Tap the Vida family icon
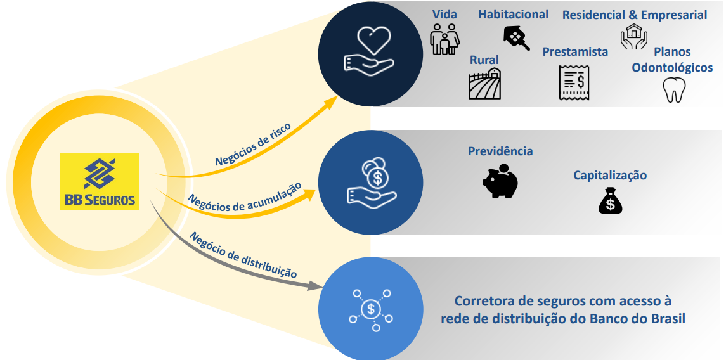[x=444, y=39]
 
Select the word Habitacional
[x=513, y=14]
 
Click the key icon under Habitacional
[x=517, y=38]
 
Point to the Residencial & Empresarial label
[x=634, y=15]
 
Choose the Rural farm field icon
[x=484, y=84]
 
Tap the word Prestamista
[x=575, y=52]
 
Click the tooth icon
[x=673, y=90]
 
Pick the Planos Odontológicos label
[x=672, y=60]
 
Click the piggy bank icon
[x=500, y=181]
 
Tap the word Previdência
[x=500, y=151]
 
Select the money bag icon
[x=610, y=201]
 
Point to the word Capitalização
[x=610, y=175]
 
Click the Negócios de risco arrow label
[x=252, y=145]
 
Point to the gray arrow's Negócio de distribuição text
[x=243, y=255]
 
